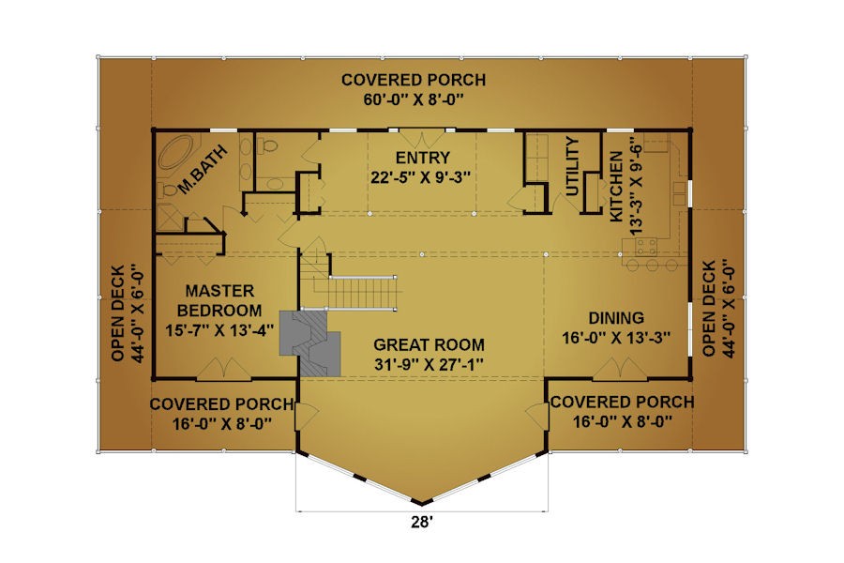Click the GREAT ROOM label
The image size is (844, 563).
(429, 344)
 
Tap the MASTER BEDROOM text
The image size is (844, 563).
(219, 300)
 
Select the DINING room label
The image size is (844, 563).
(616, 318)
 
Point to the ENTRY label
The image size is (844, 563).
(423, 158)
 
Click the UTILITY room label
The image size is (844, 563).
(572, 166)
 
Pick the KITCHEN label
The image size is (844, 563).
(616, 186)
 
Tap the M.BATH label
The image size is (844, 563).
(202, 170)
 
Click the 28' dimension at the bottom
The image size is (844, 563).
(422, 522)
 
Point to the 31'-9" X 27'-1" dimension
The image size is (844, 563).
(429, 365)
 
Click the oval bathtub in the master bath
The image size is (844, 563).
(177, 152)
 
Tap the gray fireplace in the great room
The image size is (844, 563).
(310, 342)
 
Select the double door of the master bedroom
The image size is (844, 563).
(223, 369)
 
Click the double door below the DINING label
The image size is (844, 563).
(620, 369)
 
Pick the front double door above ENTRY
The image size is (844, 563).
(422, 139)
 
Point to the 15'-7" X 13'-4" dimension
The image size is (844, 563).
(219, 329)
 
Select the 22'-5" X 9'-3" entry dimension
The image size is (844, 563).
(421, 177)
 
